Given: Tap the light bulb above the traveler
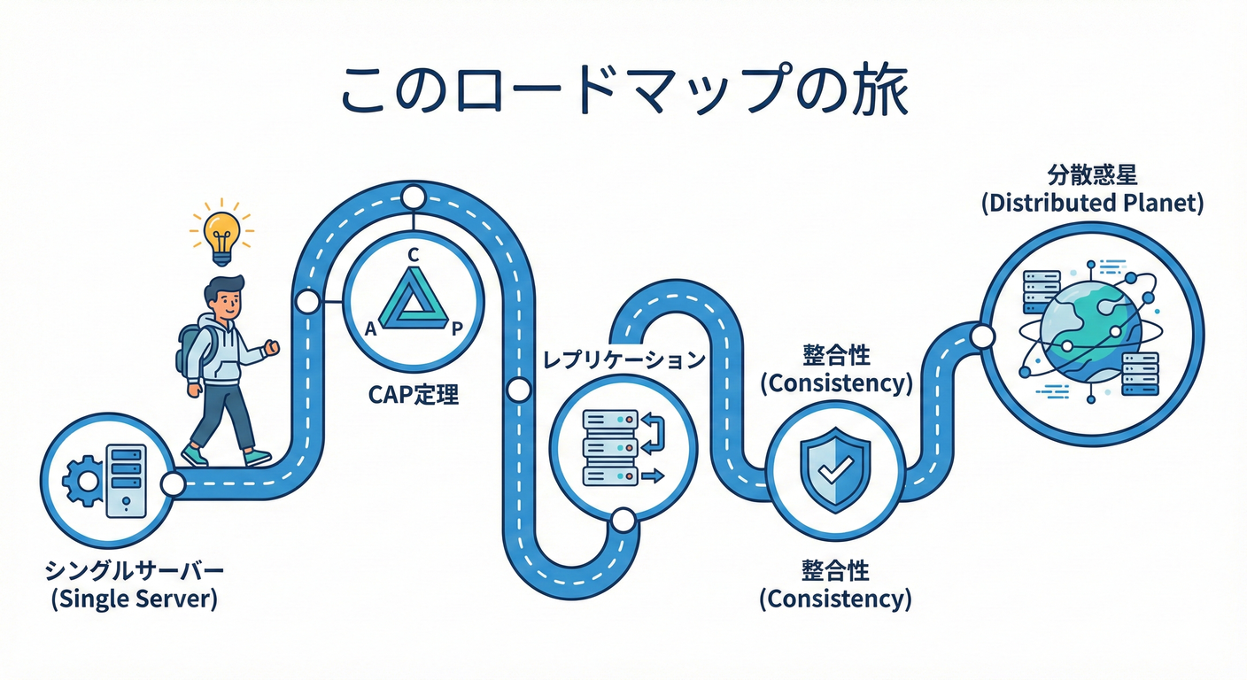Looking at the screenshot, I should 221,232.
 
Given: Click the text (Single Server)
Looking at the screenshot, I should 134,599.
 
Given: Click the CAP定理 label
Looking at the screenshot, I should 413,394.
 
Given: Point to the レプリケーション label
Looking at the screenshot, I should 623,360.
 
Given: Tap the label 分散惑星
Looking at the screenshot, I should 1092,174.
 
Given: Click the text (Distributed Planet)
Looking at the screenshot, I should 1092,203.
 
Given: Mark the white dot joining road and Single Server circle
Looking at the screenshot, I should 173,483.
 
